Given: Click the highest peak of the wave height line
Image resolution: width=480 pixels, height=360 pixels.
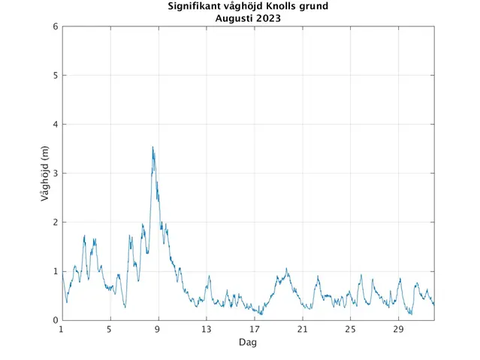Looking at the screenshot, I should pyautogui.click(x=152, y=147).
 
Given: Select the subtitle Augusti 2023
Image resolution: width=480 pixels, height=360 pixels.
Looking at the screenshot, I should pyautogui.click(x=247, y=18).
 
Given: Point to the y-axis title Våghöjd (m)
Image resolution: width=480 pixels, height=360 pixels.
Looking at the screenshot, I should pyautogui.click(x=47, y=173).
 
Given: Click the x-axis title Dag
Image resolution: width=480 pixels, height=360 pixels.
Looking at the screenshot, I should pyautogui.click(x=247, y=342).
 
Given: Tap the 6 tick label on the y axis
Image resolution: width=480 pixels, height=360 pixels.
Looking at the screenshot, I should pyautogui.click(x=56, y=26).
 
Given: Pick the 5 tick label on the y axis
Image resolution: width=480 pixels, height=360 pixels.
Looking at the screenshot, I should pyautogui.click(x=56, y=75).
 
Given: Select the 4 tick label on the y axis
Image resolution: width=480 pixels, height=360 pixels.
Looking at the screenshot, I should pyautogui.click(x=56, y=124).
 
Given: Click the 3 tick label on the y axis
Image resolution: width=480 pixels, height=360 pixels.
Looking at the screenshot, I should pyautogui.click(x=56, y=173).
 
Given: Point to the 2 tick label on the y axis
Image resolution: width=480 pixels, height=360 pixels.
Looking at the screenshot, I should pyautogui.click(x=56, y=222).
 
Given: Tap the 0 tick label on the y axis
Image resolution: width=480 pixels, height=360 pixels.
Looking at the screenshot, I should pyautogui.click(x=56, y=320).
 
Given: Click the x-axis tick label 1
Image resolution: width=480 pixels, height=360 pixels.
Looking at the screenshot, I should pyautogui.click(x=62, y=329).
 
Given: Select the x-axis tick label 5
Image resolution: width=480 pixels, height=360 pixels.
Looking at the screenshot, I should pyautogui.click(x=110, y=329).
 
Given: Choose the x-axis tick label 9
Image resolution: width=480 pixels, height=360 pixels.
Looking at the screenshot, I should pyautogui.click(x=158, y=329).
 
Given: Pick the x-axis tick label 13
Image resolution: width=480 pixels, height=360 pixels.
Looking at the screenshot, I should pyautogui.click(x=206, y=329).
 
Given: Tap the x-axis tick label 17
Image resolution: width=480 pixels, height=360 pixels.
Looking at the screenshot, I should pyautogui.click(x=254, y=329).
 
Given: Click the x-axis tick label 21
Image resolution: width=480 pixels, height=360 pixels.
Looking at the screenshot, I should pyautogui.click(x=302, y=329).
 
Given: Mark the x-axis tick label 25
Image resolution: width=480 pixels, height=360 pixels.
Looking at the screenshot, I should pyautogui.click(x=350, y=329).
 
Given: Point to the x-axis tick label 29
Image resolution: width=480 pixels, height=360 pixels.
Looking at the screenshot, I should pyautogui.click(x=398, y=329).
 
